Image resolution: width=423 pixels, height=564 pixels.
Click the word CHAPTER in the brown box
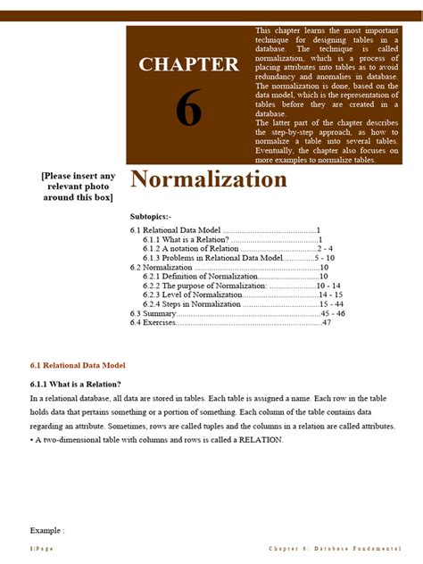[x=188, y=64]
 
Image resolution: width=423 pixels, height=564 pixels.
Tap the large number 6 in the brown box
[x=188, y=109]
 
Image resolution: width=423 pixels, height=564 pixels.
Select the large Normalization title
[x=209, y=180]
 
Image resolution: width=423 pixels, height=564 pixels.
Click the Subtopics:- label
[x=157, y=217]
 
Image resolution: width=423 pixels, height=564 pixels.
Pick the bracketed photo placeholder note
[x=79, y=187]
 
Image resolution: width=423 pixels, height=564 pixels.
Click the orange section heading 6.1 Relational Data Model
[x=78, y=366]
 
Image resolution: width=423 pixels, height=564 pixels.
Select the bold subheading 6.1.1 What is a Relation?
[x=76, y=384]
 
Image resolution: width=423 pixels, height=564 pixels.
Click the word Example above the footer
[x=46, y=530]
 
